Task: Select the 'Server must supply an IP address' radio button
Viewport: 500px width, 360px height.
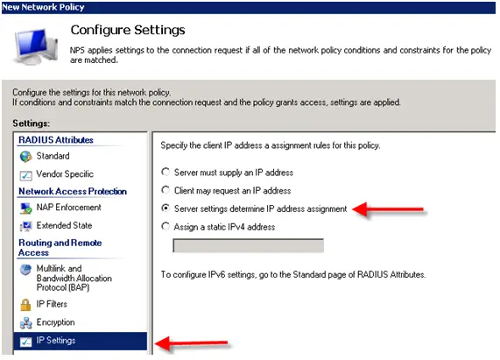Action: [165, 173]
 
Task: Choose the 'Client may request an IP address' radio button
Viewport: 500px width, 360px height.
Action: [165, 190]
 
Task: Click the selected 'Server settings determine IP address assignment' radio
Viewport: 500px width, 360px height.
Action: [165, 208]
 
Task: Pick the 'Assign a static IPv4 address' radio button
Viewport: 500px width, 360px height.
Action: [165, 226]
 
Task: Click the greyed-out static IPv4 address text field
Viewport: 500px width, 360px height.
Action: [248, 245]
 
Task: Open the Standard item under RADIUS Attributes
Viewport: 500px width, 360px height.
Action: [53, 156]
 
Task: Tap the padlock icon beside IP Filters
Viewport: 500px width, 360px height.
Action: [25, 305]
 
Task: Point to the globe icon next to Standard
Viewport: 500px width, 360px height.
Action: [25, 157]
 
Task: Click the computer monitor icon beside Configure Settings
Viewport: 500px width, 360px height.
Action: [36, 46]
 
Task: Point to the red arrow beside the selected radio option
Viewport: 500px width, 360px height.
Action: [388, 209]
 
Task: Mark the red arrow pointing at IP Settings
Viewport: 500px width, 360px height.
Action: [191, 343]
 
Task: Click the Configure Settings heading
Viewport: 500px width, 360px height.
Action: [128, 30]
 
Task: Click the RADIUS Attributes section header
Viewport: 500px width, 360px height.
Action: [56, 140]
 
